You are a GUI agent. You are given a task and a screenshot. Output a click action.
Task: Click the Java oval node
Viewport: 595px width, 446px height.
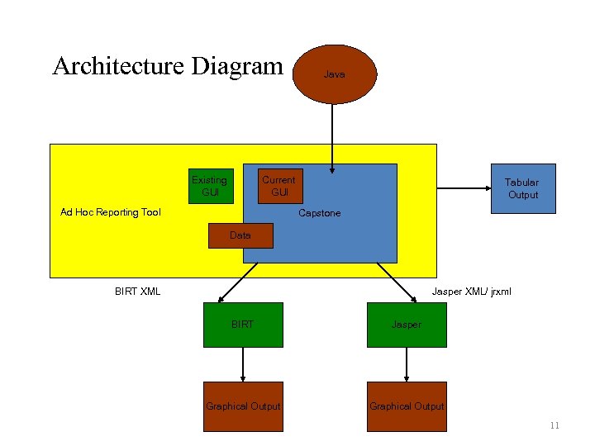coord(335,74)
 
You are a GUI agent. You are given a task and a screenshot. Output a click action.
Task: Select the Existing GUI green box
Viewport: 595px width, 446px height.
coord(209,186)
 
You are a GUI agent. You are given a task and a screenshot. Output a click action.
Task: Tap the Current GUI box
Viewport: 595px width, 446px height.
coord(279,186)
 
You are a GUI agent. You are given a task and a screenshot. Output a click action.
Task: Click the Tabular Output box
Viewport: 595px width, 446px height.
coord(522,188)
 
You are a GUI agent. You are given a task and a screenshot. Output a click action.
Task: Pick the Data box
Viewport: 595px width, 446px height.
coord(240,235)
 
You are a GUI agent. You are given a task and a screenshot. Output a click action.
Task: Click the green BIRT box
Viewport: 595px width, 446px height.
coord(243,325)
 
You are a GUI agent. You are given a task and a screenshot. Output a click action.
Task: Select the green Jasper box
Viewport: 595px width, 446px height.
coord(407,325)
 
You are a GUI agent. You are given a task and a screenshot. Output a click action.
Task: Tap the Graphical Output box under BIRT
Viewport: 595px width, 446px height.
coord(243,406)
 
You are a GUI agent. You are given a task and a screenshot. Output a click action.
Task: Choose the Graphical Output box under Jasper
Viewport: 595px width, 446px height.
coord(407,406)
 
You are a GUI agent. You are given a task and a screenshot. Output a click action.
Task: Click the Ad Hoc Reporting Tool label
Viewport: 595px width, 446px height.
coord(111,212)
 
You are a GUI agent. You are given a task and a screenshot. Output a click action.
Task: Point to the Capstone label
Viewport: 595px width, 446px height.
coord(319,213)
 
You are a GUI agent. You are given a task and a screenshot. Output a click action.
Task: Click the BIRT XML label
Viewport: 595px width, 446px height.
coord(137,291)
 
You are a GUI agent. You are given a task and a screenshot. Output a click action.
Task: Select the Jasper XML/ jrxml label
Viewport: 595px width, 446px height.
coord(472,291)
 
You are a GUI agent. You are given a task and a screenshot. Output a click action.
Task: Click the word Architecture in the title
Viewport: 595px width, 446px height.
coord(118,66)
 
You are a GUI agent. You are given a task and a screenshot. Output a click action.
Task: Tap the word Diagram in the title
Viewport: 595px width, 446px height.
coord(237,66)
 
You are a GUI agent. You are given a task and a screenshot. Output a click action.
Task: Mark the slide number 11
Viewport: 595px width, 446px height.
coord(555,425)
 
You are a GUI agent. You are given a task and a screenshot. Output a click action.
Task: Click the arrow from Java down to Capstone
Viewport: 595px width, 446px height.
coord(332,136)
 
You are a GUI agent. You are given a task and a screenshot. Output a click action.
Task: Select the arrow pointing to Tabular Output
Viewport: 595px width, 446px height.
coord(463,188)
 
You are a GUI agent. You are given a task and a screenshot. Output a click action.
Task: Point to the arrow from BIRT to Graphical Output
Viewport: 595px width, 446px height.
coord(243,363)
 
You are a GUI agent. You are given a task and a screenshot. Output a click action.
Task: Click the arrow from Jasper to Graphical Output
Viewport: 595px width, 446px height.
coord(407,363)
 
